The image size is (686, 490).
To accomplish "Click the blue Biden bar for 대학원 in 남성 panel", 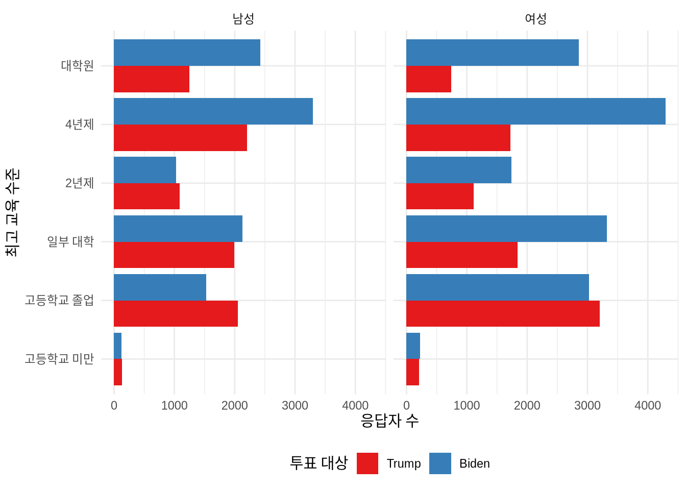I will pos(187,53).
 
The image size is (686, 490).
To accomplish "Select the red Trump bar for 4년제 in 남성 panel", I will pos(180,138).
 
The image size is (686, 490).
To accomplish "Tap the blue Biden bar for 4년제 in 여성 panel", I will pos(535,111).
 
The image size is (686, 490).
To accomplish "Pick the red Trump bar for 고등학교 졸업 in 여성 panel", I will pos(503,314).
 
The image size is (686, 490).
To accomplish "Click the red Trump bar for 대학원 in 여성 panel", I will pos(429,79).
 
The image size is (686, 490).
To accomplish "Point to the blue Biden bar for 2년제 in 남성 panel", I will pos(145,170).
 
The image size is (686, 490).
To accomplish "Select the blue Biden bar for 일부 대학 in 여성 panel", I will pos(506,229).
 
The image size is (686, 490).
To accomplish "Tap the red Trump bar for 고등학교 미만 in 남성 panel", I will pos(118,372).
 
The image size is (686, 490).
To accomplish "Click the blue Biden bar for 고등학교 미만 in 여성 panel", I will pos(413,346).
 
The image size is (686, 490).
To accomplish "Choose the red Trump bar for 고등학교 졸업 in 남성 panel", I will pos(176,314).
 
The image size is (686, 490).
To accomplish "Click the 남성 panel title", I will pos(243,19).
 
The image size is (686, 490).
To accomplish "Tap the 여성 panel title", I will pos(536,19).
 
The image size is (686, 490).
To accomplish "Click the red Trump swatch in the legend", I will pos(367,463).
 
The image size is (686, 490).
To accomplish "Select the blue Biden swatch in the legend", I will pos(440,463).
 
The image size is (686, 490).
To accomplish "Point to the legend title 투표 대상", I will pos(318,463).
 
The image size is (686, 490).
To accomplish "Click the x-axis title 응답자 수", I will pos(389,421).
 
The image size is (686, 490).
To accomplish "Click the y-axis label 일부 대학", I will pos(70,241).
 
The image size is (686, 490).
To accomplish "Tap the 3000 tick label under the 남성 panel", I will pos(295,406).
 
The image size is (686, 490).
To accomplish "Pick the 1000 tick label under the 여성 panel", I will pos(467,406).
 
